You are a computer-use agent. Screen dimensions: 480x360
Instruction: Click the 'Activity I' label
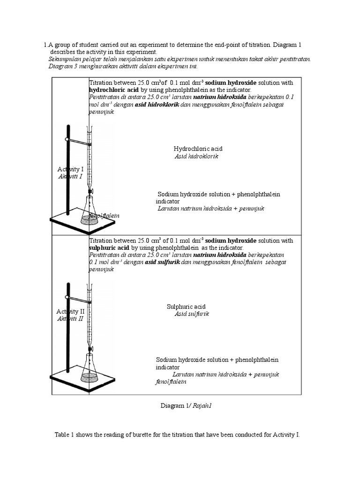point(70,169)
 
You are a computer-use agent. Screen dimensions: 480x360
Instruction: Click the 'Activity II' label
point(70,311)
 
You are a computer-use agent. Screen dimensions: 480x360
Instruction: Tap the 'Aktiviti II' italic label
point(70,319)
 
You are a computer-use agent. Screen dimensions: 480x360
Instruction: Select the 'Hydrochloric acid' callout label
point(198,149)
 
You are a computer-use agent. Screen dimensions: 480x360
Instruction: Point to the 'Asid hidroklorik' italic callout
point(196,156)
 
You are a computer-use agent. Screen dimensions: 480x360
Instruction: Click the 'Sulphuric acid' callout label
point(186,307)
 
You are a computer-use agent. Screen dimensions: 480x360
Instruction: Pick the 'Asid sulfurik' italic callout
point(192,314)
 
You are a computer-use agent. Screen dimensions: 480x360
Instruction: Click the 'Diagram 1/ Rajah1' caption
point(186,406)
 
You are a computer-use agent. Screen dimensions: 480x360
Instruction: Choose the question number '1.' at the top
point(46,45)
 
